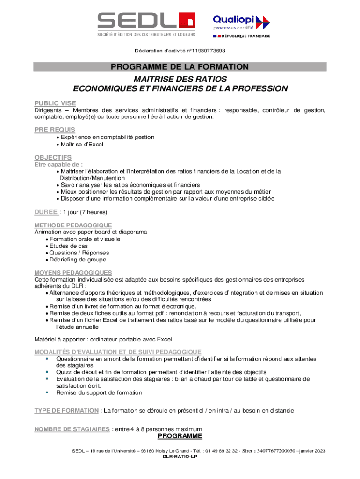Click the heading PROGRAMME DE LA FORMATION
180,67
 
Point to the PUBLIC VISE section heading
55,103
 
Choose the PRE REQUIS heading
55,130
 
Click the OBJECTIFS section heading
53,157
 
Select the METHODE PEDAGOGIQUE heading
73,225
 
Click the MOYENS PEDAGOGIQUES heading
73,272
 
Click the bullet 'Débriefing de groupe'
78,259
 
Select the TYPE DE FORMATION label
66,410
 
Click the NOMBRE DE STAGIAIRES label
72,429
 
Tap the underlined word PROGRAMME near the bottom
180,436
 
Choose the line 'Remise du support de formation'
99,392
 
